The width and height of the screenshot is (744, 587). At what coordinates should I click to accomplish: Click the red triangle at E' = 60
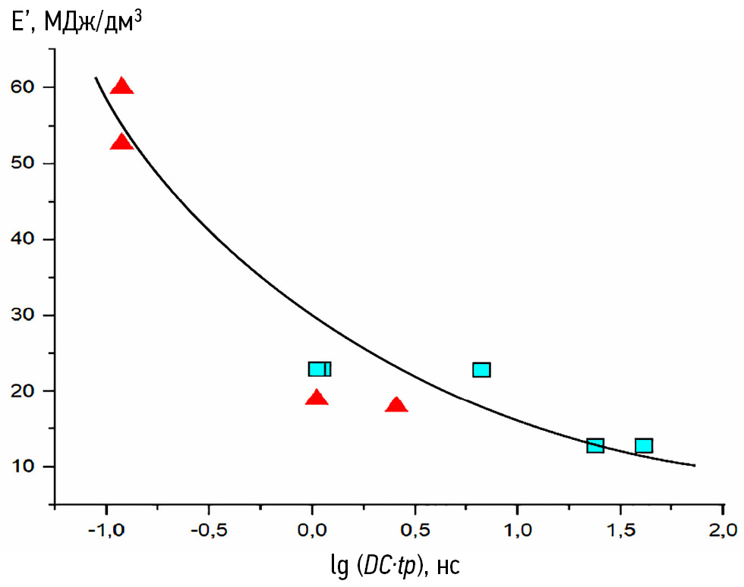[x=121, y=86]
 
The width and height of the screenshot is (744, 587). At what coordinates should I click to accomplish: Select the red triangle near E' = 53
[x=121, y=142]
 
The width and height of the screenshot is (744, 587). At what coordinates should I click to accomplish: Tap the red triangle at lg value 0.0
[x=317, y=397]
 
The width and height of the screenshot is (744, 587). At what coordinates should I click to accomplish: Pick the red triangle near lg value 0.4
[x=396, y=404]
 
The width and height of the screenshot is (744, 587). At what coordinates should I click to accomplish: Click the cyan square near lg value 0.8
[x=481, y=369]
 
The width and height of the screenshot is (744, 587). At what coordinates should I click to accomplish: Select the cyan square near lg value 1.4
[x=595, y=445]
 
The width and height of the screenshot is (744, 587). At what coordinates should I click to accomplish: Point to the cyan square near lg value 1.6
[x=644, y=445]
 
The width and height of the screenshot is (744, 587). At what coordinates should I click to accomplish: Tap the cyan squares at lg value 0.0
[x=320, y=369]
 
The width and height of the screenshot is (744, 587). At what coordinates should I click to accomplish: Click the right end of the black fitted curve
[x=694, y=466]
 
